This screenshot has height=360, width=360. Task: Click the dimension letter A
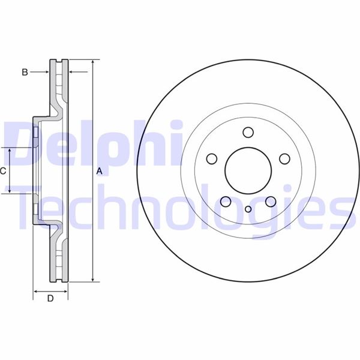100,172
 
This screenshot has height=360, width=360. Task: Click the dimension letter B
25,72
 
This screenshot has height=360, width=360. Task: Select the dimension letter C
3,171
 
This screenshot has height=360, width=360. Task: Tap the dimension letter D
50,298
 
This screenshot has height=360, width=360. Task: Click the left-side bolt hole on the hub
211,159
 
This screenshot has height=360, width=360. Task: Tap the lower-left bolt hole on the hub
226,202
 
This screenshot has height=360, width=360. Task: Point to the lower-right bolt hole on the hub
271,202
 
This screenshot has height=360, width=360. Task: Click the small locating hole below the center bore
248,209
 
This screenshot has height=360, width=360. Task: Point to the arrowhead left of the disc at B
46,72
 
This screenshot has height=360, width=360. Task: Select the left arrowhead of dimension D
35,291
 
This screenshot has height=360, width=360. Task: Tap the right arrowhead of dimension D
66,291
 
